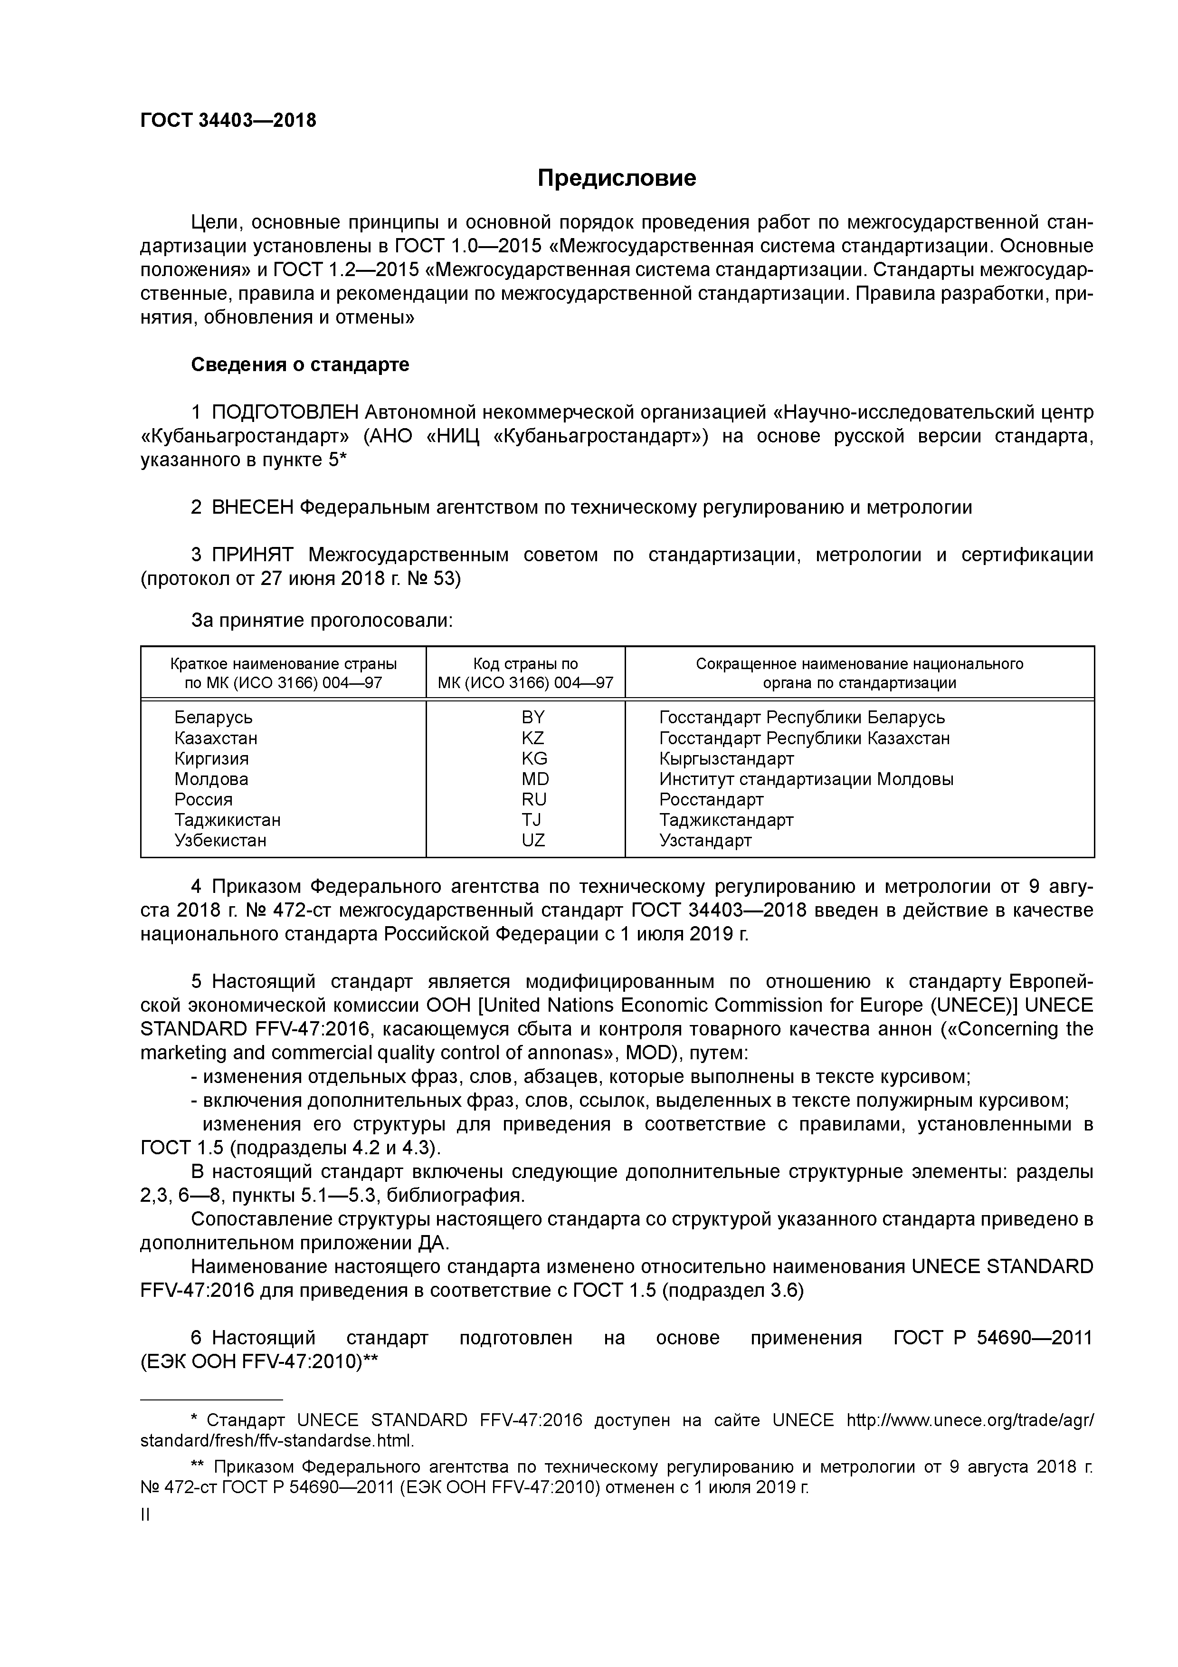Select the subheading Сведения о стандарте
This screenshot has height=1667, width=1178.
coord(300,364)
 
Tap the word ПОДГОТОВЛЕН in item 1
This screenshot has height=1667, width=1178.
coord(285,412)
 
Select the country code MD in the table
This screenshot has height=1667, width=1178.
coord(535,779)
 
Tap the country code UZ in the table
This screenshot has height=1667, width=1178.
coord(533,841)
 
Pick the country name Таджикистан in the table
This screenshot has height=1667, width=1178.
coord(227,820)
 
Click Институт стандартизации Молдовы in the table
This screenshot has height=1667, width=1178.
coord(806,779)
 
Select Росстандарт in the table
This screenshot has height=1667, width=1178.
coord(711,799)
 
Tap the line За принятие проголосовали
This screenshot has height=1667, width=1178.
coord(322,621)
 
